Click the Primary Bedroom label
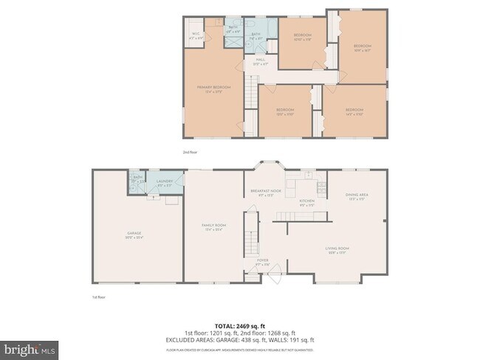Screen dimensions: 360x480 213,88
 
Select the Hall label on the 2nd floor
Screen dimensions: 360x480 260,60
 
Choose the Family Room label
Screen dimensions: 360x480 213,226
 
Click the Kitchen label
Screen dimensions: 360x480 306,201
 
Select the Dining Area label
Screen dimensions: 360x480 357,196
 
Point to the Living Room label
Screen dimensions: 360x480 337,249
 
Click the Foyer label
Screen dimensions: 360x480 263,261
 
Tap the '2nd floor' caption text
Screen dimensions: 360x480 190,152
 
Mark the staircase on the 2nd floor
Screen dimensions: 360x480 250,96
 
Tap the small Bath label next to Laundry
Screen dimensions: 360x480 137,178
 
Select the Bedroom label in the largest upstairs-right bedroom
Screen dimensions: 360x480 360,48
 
